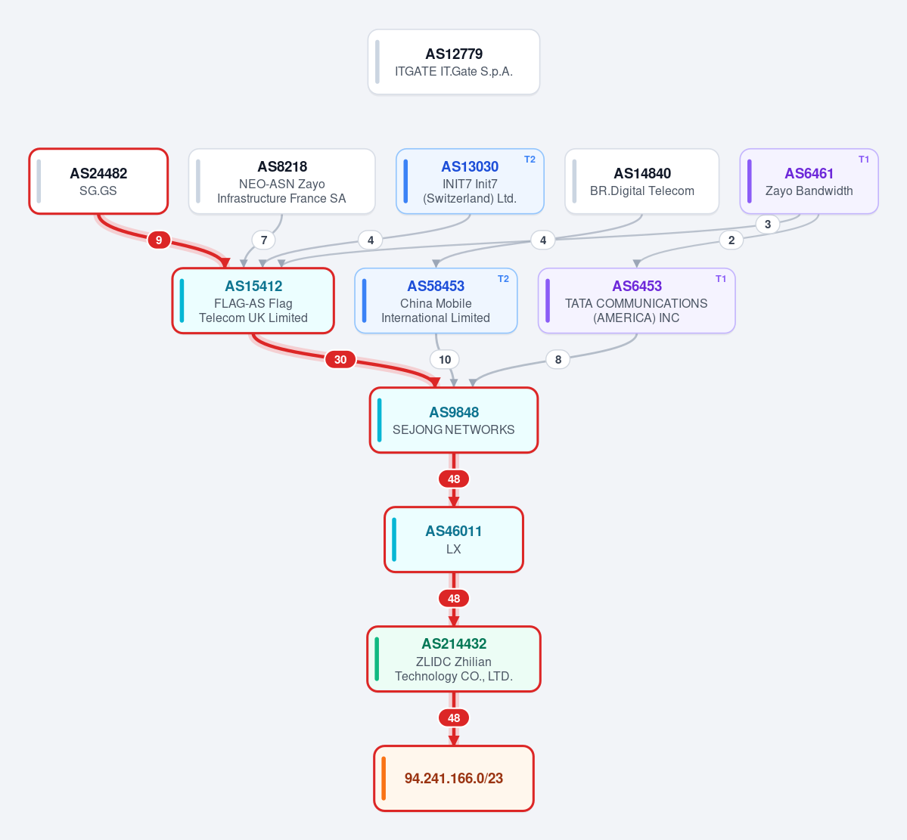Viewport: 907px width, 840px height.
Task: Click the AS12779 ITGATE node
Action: pyautogui.click(x=454, y=62)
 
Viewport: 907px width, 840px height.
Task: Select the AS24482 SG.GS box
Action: pyautogui.click(x=98, y=181)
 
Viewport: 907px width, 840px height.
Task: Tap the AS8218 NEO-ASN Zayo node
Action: pyautogui.click(x=281, y=181)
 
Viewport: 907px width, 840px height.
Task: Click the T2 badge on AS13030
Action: pyautogui.click(x=530, y=160)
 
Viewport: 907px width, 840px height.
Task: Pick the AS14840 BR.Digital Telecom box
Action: pyautogui.click(x=642, y=181)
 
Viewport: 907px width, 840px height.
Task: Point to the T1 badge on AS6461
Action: pyautogui.click(x=864, y=160)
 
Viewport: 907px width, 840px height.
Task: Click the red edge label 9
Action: pyautogui.click(x=159, y=240)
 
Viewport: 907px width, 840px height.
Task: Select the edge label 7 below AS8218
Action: pyautogui.click(x=264, y=240)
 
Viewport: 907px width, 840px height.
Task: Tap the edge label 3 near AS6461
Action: pyautogui.click(x=768, y=225)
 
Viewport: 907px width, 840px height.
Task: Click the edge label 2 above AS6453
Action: pyautogui.click(x=732, y=240)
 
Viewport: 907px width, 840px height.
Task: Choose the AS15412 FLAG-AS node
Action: pyautogui.click(x=253, y=301)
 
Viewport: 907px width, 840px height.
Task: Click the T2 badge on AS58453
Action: pyautogui.click(x=503, y=279)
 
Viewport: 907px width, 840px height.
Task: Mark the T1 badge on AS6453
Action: pyautogui.click(x=721, y=279)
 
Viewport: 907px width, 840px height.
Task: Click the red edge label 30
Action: pyautogui.click(x=340, y=360)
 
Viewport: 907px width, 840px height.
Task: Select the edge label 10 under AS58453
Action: pyautogui.click(x=445, y=360)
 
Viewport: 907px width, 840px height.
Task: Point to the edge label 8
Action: pyautogui.click(x=558, y=360)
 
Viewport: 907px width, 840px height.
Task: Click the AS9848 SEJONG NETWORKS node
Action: pyautogui.click(x=454, y=420)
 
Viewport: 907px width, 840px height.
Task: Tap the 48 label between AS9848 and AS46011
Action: pyautogui.click(x=454, y=479)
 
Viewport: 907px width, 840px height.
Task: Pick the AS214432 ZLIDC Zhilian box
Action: pyautogui.click(x=454, y=659)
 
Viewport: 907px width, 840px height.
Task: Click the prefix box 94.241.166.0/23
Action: pyautogui.click(x=454, y=778)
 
